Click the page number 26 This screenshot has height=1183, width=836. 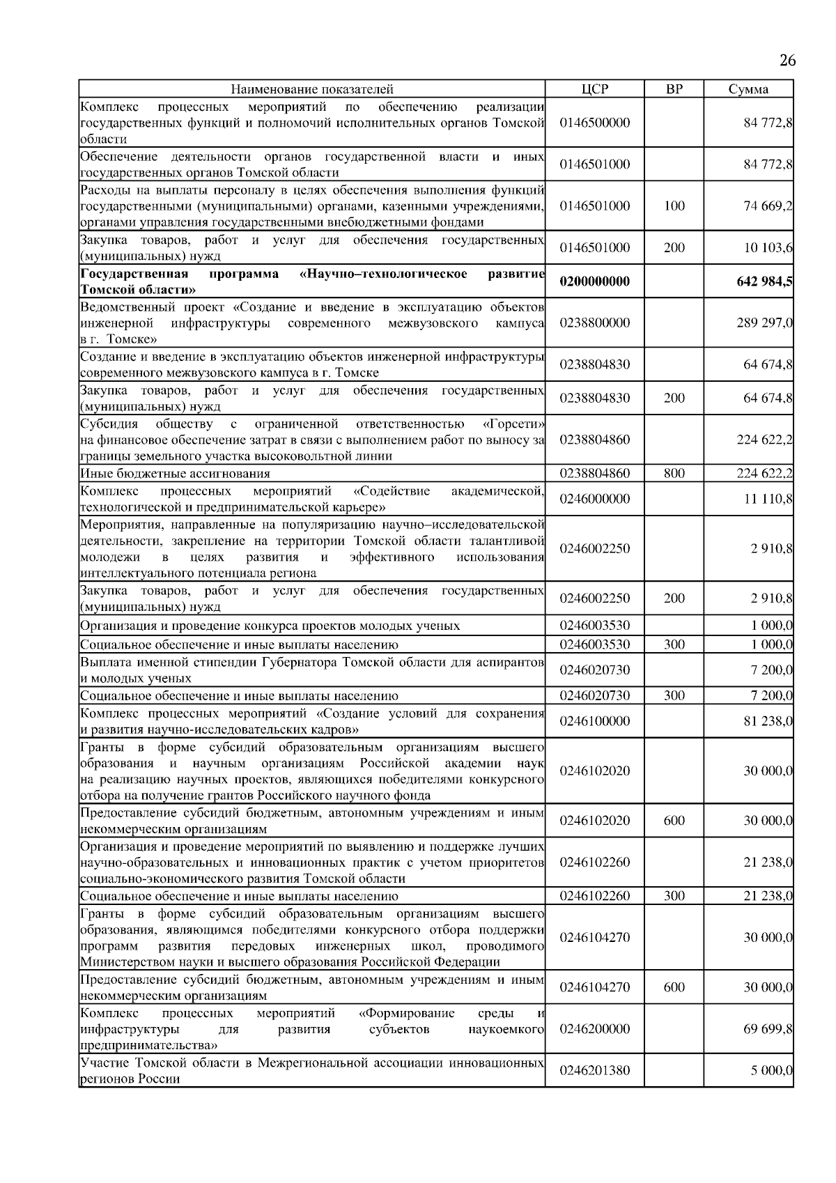click(787, 61)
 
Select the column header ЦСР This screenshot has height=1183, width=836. click(594, 89)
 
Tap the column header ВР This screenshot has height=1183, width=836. click(674, 89)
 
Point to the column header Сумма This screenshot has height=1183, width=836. click(748, 89)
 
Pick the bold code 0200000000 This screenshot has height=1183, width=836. click(594, 281)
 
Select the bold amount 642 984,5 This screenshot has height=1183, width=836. click(764, 281)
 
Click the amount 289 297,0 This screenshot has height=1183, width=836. click(764, 323)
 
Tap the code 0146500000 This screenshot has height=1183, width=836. click(594, 123)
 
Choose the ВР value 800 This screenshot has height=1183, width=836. click(674, 474)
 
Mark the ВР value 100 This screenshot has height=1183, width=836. click(674, 206)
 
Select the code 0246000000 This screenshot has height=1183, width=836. click(594, 499)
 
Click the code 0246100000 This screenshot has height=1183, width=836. click(594, 721)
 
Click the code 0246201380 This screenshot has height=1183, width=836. click(594, 1090)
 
